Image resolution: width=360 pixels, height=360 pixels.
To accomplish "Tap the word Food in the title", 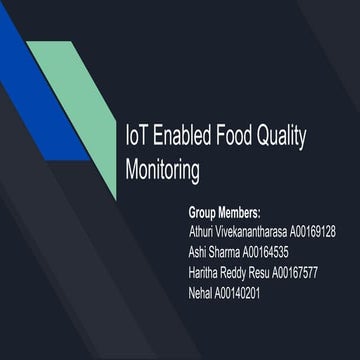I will click(x=246, y=137).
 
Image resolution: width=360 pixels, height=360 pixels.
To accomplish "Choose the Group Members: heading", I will click(x=224, y=213).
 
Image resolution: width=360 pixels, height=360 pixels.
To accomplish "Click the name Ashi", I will click(x=200, y=252).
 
